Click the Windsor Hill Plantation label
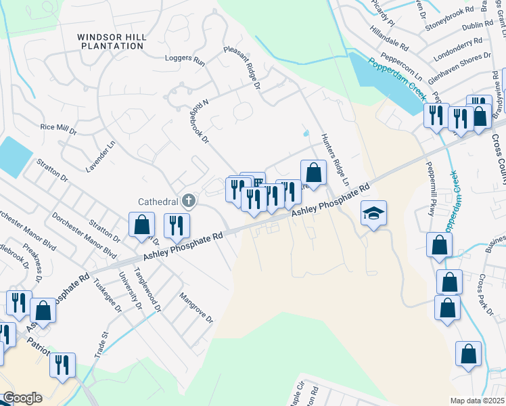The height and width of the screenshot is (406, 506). coord(110,41)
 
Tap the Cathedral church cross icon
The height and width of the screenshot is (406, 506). coord(189,200)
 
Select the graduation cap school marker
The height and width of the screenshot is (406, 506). coord(373,214)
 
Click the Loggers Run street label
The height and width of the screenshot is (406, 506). coord(185,60)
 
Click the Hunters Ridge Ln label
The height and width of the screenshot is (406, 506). coord(335,159)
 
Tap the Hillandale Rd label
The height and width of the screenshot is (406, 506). coord(390,39)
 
